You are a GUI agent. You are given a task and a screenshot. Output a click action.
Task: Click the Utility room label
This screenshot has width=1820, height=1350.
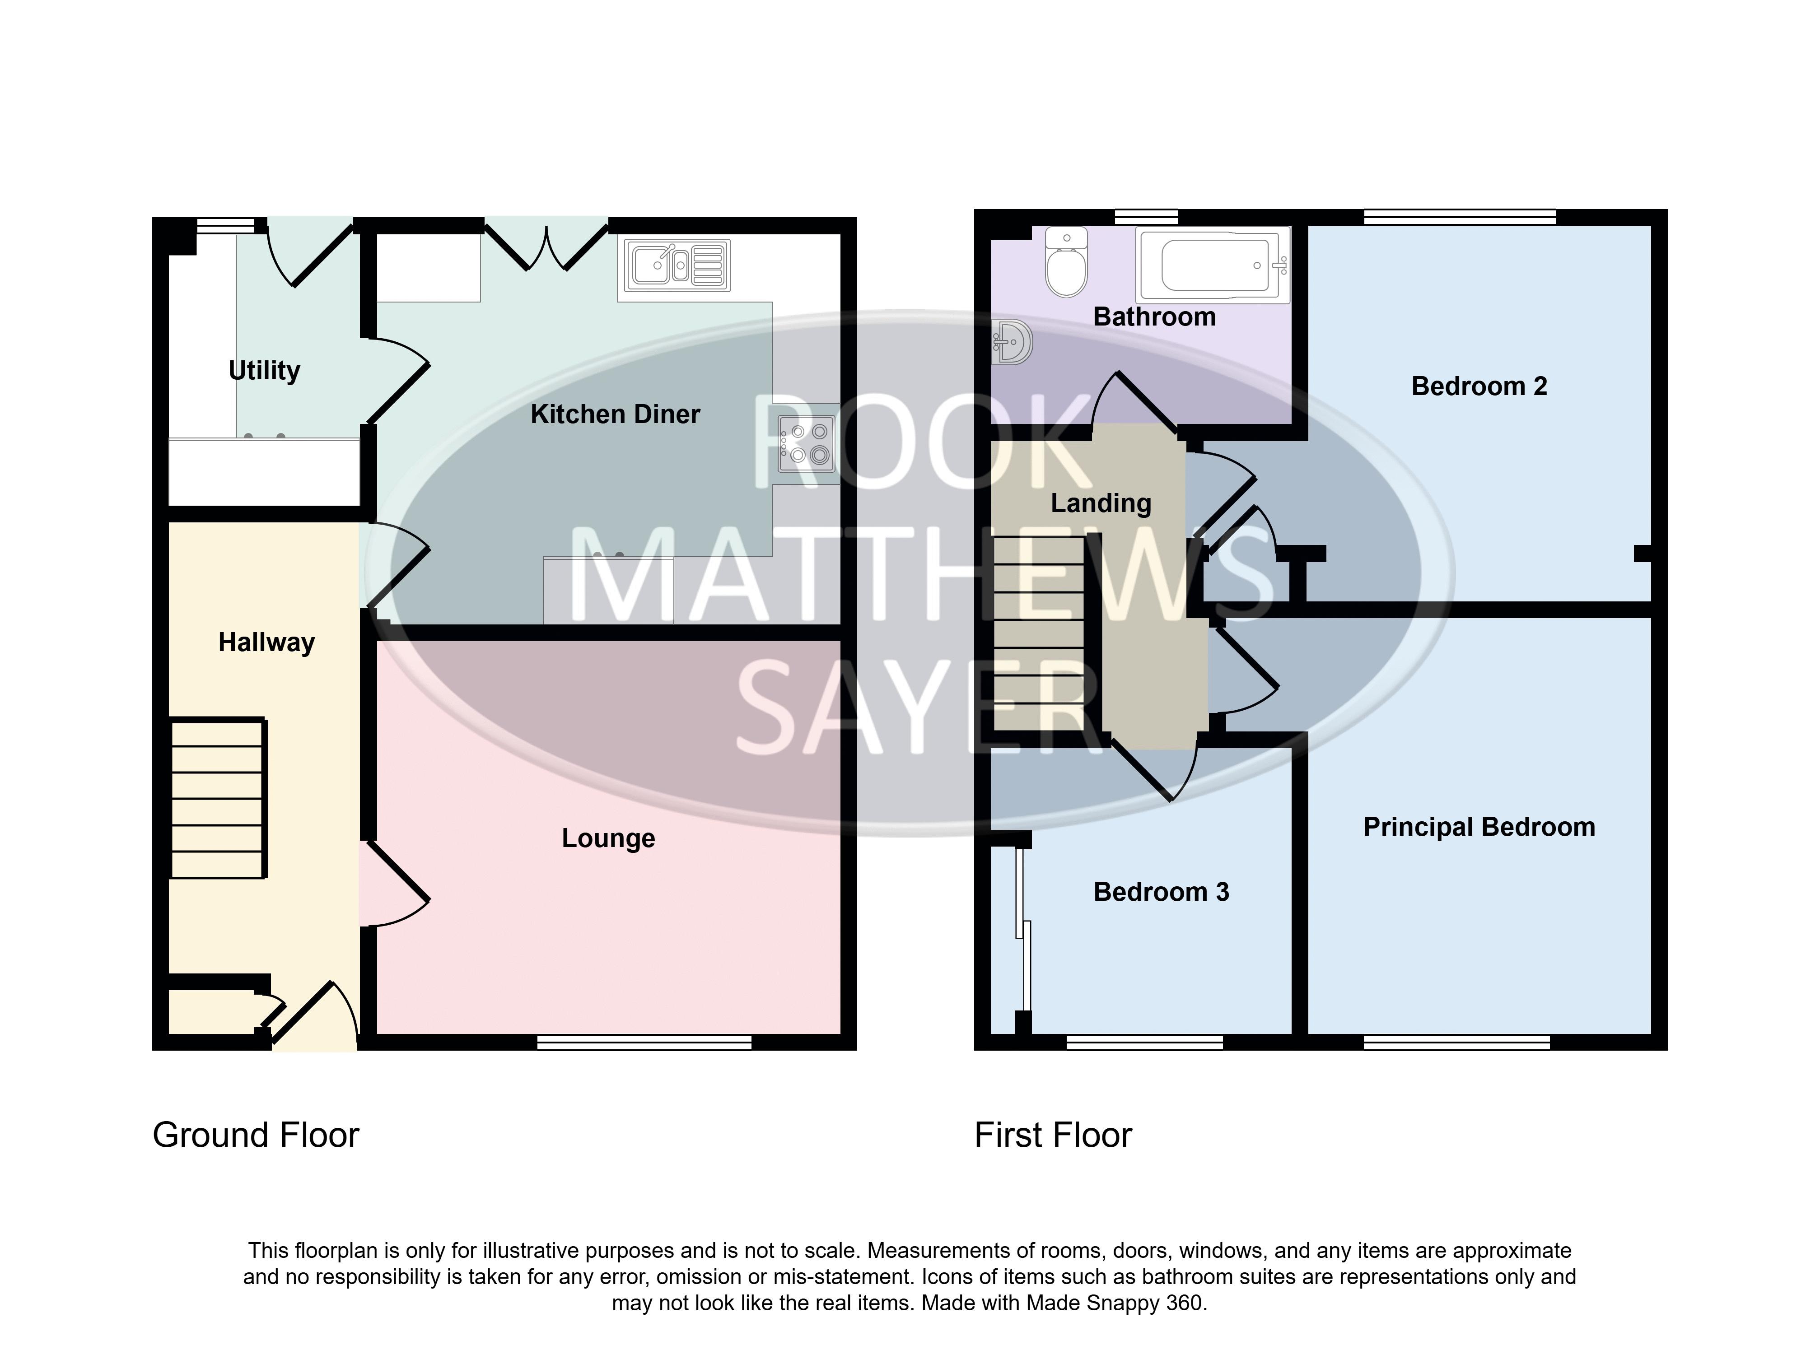click(x=264, y=371)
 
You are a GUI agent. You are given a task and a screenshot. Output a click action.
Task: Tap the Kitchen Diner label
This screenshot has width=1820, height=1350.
click(x=616, y=414)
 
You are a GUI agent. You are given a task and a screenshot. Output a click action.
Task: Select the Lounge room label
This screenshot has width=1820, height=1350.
click(x=608, y=838)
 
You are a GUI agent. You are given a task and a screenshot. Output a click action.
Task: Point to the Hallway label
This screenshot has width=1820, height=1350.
click(x=266, y=643)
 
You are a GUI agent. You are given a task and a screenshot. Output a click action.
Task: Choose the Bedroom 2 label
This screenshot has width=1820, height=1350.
click(x=1479, y=386)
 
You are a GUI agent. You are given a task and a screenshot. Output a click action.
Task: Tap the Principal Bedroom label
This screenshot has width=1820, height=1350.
click(x=1479, y=827)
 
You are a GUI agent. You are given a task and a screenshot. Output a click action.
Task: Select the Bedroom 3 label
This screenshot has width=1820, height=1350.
click(x=1161, y=892)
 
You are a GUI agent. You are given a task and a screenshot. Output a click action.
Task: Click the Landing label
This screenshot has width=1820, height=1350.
click(x=1101, y=503)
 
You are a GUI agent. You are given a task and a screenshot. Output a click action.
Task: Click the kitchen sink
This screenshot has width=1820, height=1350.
click(x=677, y=265)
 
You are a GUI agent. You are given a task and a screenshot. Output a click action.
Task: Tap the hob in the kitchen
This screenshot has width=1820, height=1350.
click(x=807, y=444)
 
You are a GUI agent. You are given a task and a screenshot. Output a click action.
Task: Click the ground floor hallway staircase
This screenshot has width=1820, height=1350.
click(x=218, y=798)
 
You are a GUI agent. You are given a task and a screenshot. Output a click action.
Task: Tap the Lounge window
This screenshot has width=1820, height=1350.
click(x=644, y=1042)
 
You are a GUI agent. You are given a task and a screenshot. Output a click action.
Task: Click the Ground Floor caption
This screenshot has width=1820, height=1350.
click(x=256, y=1135)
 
